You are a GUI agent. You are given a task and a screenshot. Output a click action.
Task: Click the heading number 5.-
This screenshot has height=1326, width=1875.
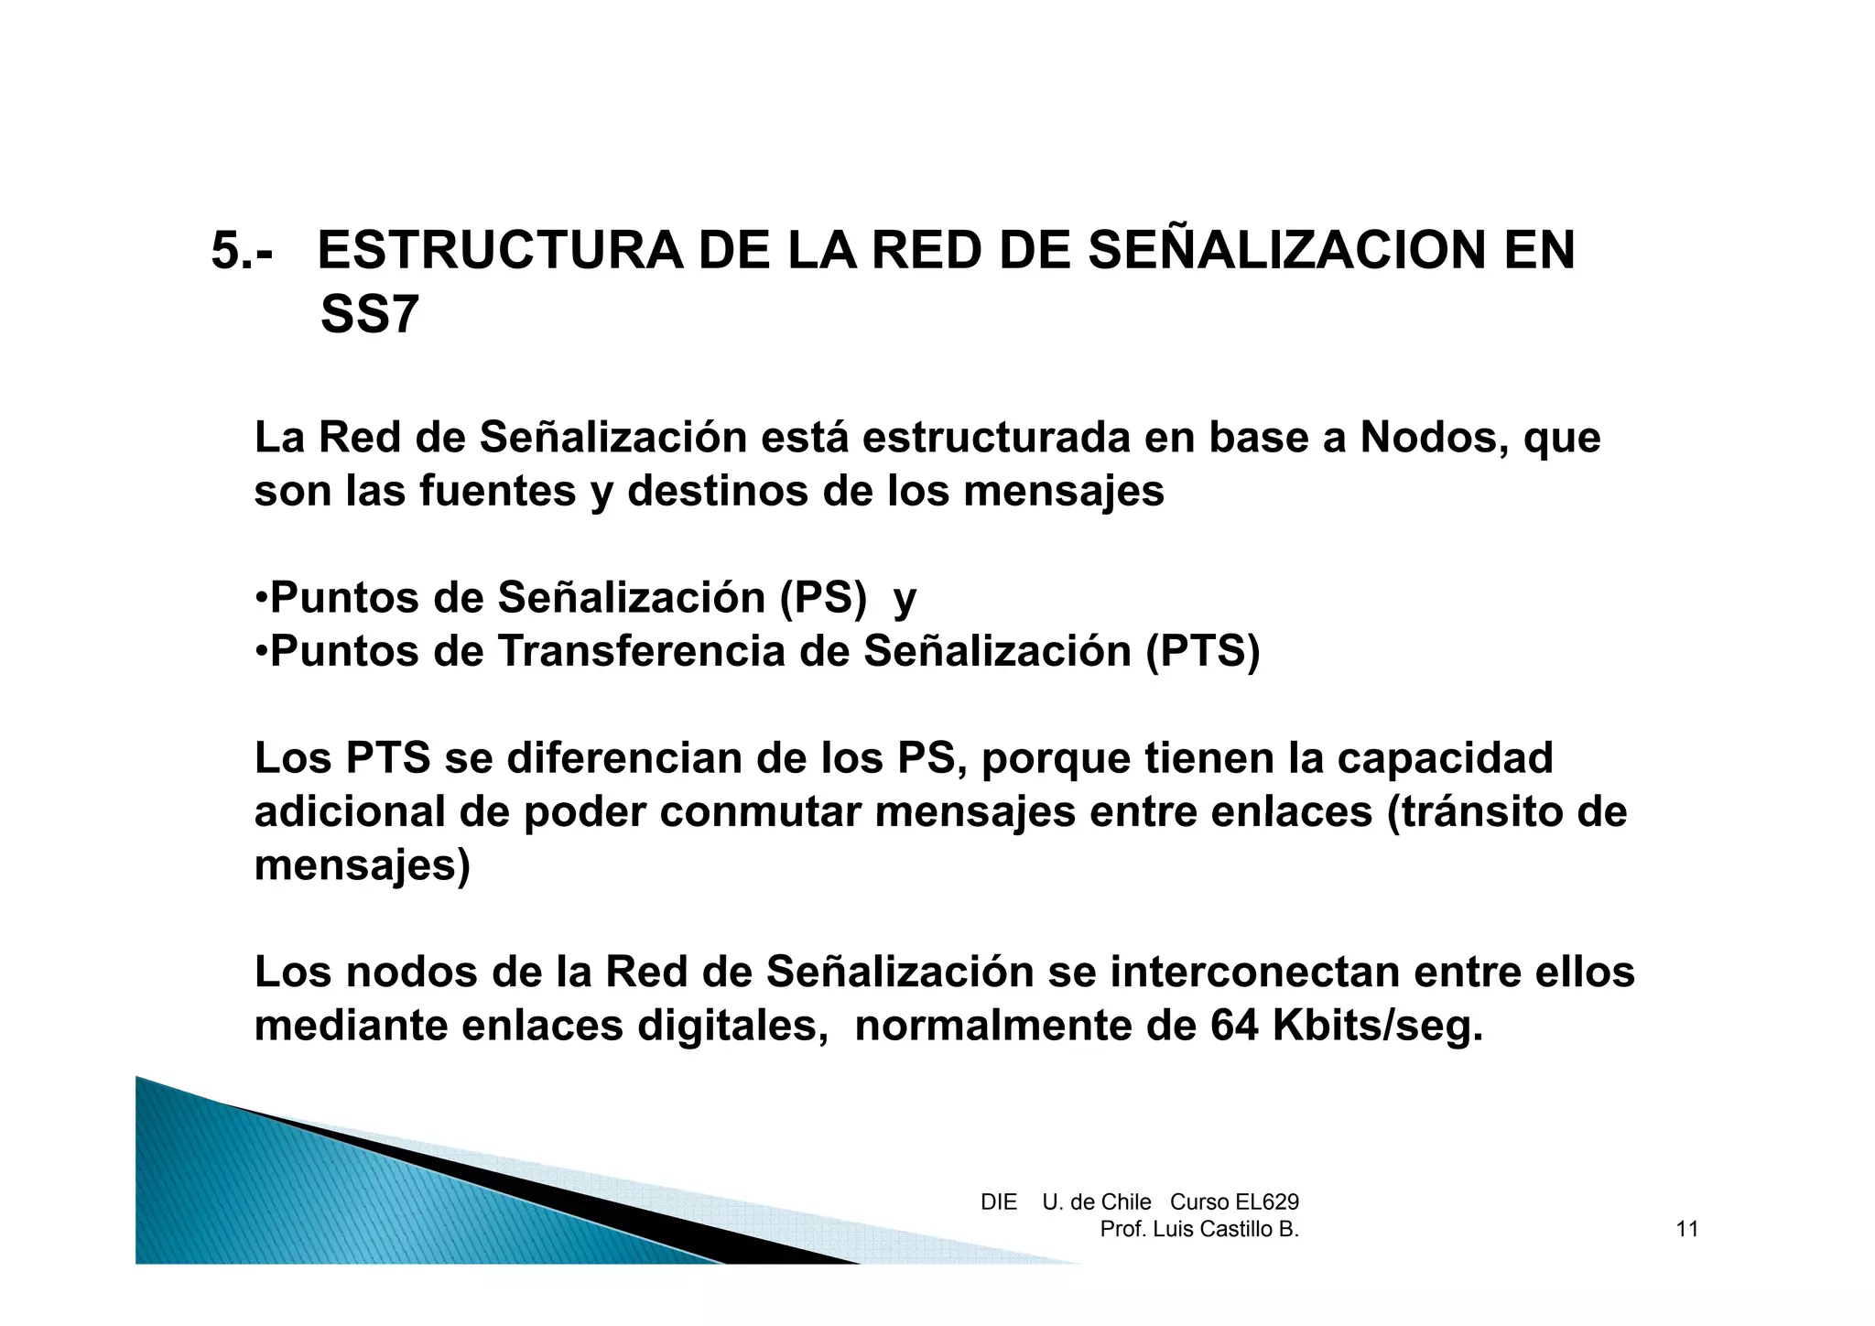point(242,251)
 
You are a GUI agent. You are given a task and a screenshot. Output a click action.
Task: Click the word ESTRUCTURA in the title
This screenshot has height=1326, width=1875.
point(499,251)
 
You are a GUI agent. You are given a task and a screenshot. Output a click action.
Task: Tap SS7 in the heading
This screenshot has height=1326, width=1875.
point(370,316)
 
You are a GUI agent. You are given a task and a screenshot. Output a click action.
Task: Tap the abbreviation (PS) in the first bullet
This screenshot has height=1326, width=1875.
point(823,599)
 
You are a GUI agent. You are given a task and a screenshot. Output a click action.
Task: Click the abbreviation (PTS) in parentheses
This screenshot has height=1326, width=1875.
point(1202,652)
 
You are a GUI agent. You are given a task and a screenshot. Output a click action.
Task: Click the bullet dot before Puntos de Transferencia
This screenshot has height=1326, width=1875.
point(261,652)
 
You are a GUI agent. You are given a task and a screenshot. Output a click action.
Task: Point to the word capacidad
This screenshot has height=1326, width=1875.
point(1445,759)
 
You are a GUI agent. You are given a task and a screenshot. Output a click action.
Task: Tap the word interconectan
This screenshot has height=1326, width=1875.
point(1254,973)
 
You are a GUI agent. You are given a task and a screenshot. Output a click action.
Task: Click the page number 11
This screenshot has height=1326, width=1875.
point(1687,1230)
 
